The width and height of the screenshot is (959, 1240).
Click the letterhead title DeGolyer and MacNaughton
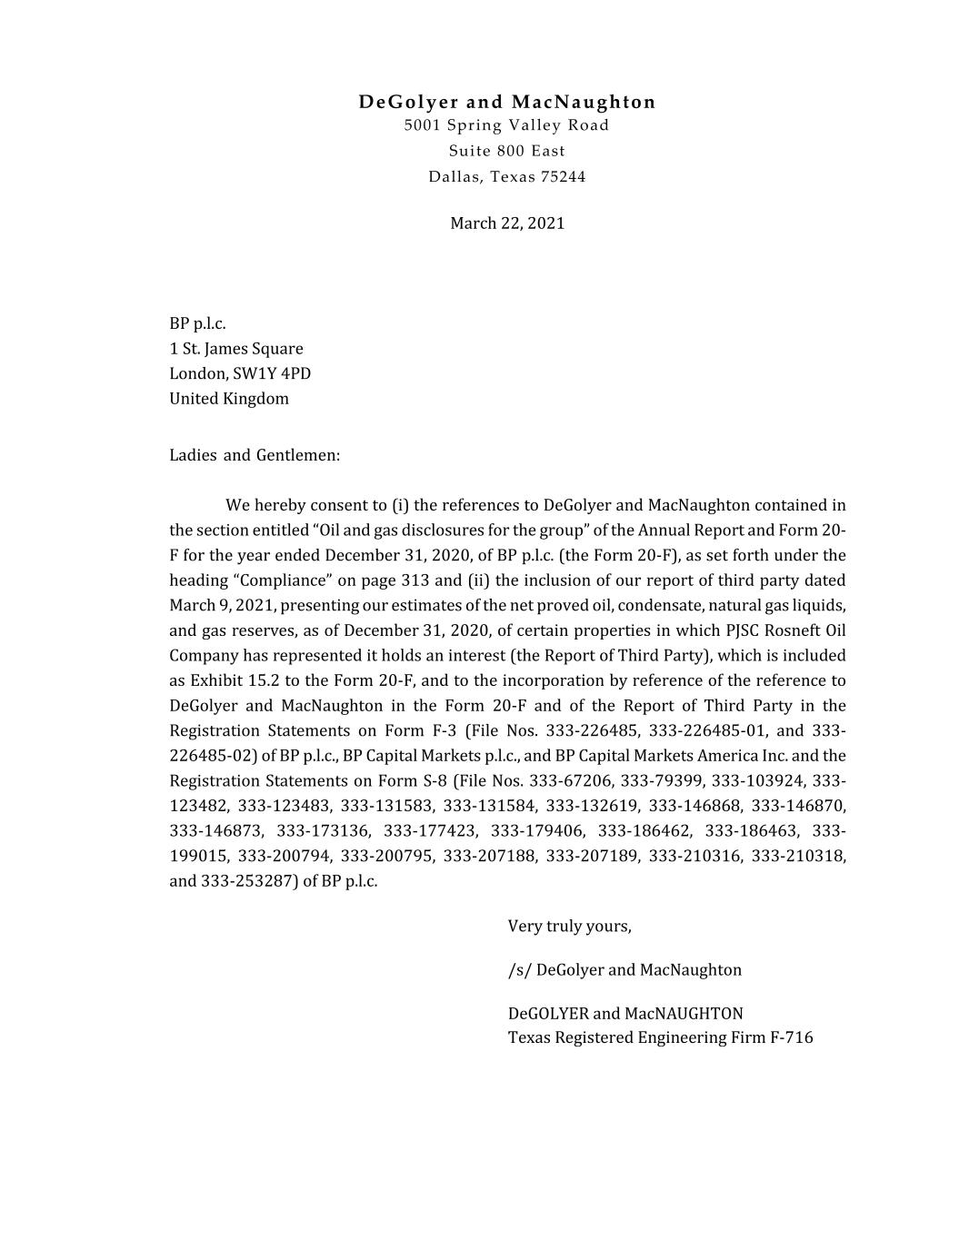506,102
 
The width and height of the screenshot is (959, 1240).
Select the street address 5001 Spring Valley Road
506,125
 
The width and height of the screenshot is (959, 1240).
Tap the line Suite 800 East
506,151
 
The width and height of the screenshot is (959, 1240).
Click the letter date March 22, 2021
506,223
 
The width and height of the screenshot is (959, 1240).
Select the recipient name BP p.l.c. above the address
197,323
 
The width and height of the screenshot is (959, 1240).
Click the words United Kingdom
229,399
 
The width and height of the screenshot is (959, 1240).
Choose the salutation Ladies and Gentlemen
255,455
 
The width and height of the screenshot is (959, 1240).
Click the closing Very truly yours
569,927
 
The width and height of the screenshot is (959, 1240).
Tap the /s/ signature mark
519,970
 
